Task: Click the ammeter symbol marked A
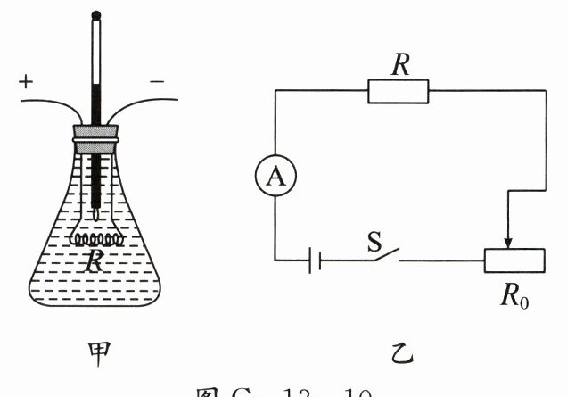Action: [276, 178]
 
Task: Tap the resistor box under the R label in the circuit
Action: [398, 91]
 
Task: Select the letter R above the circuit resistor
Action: [398, 62]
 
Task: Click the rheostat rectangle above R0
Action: [514, 260]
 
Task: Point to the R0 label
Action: [515, 294]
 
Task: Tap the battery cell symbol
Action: [313, 261]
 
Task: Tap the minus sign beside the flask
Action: [157, 83]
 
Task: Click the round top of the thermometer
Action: [95, 14]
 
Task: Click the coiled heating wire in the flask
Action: [95, 239]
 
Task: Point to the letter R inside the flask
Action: [94, 261]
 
